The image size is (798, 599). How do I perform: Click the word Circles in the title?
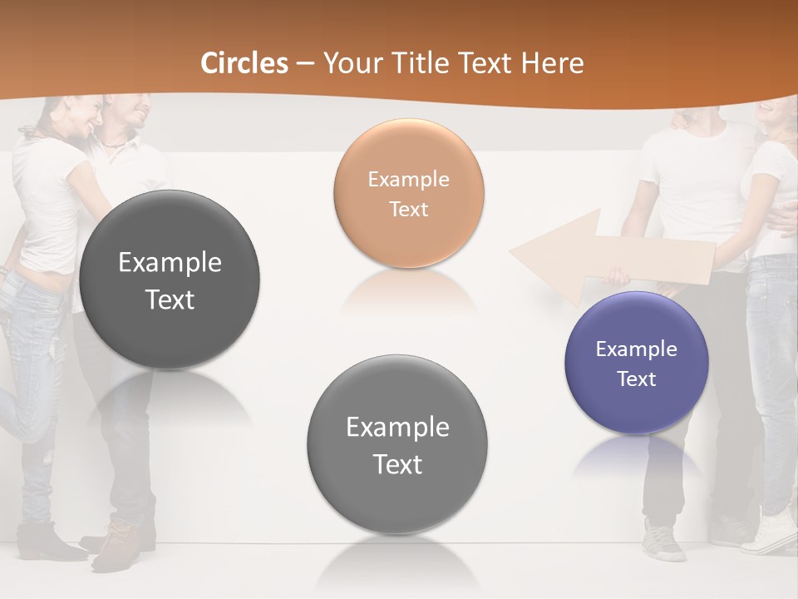pos(244,63)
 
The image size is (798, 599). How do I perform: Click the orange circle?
pos(408,193)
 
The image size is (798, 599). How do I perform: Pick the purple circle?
pos(637,363)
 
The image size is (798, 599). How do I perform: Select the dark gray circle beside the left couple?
pos(170,280)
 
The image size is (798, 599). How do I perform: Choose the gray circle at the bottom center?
pos(397,444)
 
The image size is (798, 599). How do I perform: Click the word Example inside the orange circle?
pos(408,179)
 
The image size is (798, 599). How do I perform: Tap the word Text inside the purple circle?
pos(637,379)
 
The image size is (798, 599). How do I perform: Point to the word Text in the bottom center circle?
pos(397,464)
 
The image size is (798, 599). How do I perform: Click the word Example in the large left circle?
pos(170,263)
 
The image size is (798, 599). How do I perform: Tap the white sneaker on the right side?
pos(769,532)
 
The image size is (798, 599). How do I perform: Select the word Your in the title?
pos(349,63)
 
